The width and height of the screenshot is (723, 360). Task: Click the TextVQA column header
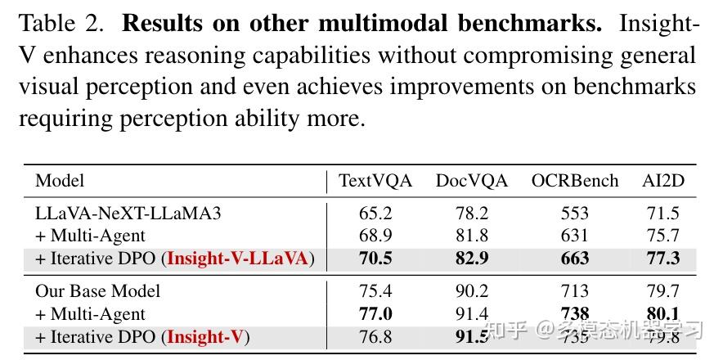coord(375,181)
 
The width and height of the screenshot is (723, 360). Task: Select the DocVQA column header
coord(472,181)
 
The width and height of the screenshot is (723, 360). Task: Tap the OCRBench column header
coord(575,181)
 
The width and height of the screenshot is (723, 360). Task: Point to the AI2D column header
coord(663,181)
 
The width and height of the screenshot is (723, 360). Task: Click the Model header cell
coord(60,181)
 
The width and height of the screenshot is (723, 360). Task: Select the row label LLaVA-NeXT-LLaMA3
coord(128,214)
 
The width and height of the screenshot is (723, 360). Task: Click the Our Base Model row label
coord(98,290)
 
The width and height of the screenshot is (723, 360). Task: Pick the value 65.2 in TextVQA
coord(375,214)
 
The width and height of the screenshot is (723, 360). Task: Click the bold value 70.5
coord(375,259)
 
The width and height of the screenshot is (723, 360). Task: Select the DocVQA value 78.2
coord(472,214)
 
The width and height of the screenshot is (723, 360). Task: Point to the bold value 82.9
coord(472,259)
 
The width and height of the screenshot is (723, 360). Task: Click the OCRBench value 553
coord(575,214)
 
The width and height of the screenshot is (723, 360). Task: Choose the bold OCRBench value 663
coord(575,259)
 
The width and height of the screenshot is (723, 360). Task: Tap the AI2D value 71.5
coord(663,214)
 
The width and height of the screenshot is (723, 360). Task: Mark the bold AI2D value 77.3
coord(663,259)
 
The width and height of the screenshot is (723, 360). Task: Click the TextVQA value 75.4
coord(375,290)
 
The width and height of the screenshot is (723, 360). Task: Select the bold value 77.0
coord(375,313)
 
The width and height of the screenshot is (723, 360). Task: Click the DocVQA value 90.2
coord(472,290)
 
